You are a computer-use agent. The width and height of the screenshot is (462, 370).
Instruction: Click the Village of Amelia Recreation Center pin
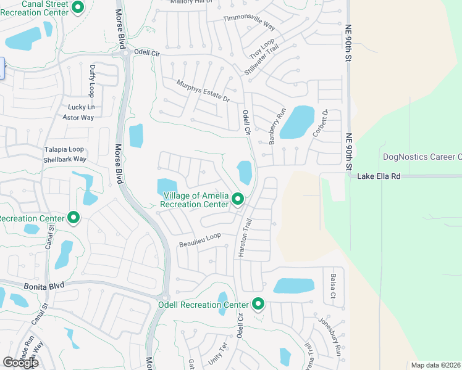pos(238,199)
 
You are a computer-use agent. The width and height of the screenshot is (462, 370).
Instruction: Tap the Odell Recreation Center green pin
pos(258,304)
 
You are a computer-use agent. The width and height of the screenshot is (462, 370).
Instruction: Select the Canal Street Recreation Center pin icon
pos(78,7)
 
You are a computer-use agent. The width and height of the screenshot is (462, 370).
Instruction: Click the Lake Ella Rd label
pos(379,176)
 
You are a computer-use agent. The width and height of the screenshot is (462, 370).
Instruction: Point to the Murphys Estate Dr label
pos(203,91)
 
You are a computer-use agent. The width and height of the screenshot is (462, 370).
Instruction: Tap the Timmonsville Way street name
pos(249,23)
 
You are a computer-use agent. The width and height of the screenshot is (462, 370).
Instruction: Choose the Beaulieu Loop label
pos(199,240)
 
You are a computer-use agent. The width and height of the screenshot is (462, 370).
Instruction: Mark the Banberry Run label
pos(277,126)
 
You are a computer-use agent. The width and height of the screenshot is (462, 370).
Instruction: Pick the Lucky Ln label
pos(80,107)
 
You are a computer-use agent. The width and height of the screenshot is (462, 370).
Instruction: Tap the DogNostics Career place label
pos(422,157)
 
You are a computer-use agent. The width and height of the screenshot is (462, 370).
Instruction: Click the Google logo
pos(20,363)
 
